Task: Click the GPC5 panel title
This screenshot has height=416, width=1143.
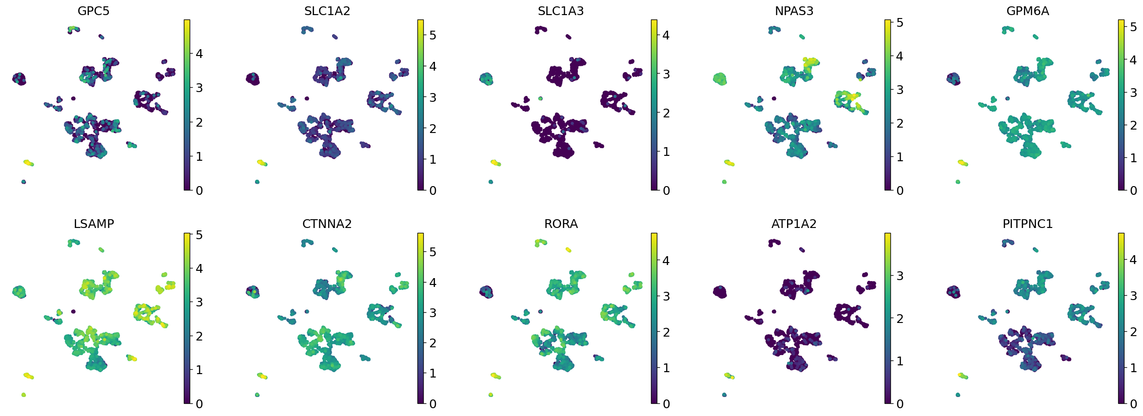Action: click(94, 11)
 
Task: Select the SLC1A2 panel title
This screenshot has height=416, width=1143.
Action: click(327, 11)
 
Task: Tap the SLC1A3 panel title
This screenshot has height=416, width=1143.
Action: click(561, 11)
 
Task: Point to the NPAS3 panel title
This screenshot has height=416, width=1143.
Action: click(794, 11)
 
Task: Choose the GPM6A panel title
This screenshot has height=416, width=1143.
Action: click(1027, 11)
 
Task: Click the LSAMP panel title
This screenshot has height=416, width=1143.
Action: click(94, 224)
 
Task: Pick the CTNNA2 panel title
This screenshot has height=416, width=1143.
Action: click(327, 224)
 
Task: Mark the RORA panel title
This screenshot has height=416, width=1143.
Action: click(561, 224)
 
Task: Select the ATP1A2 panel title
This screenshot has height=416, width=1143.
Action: click(794, 224)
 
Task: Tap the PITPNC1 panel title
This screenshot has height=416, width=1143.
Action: click(1027, 224)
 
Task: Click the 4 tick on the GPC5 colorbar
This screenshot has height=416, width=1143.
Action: click(199, 54)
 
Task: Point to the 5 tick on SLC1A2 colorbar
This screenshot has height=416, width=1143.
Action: click(433, 35)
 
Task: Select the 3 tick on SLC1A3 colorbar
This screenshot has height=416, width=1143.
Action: click(666, 74)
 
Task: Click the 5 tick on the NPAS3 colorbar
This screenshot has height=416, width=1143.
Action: click(900, 22)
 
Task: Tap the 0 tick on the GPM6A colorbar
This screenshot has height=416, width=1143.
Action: click(1133, 190)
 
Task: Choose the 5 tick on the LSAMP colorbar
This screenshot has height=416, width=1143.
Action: click(199, 235)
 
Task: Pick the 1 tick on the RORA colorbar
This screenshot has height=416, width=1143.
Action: click(666, 368)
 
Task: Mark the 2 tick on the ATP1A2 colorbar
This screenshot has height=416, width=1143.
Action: click(900, 319)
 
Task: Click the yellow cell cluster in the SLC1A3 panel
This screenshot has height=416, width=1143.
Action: click(495, 162)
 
